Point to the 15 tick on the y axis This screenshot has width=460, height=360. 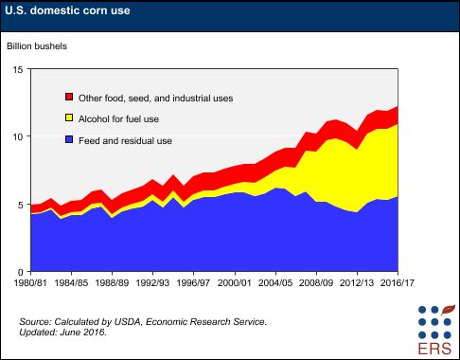coord(17,70)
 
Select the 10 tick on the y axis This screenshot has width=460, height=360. coord(17,136)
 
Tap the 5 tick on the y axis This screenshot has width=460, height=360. coord(20,203)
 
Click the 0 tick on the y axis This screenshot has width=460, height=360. coord(20,269)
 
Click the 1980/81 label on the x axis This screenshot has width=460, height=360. coord(25,281)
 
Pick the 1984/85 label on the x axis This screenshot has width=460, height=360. coord(70,281)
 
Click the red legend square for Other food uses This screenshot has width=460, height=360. coord(69,98)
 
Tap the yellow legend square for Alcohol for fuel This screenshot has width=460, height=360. coord(69,119)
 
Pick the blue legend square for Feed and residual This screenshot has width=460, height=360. coord(69,141)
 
